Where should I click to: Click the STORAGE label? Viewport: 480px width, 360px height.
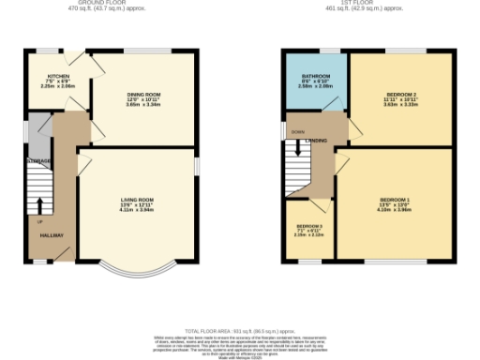coord(38,163)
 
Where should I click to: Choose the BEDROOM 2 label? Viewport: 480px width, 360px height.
coord(401,95)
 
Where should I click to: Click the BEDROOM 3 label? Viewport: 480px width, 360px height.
coord(309,226)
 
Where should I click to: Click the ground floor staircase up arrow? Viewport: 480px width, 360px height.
coord(39,206)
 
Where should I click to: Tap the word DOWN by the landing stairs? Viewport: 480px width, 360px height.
coord(299,132)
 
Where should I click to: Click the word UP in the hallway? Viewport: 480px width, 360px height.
coord(40,222)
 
